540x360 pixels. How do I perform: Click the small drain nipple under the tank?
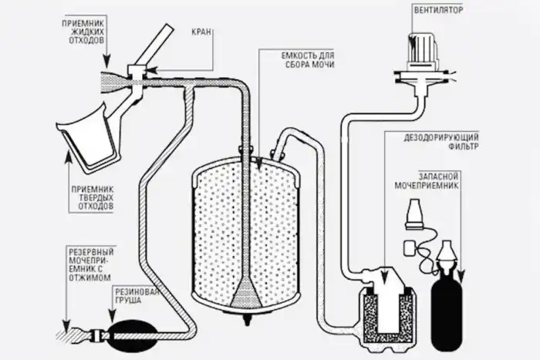(248, 318)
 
